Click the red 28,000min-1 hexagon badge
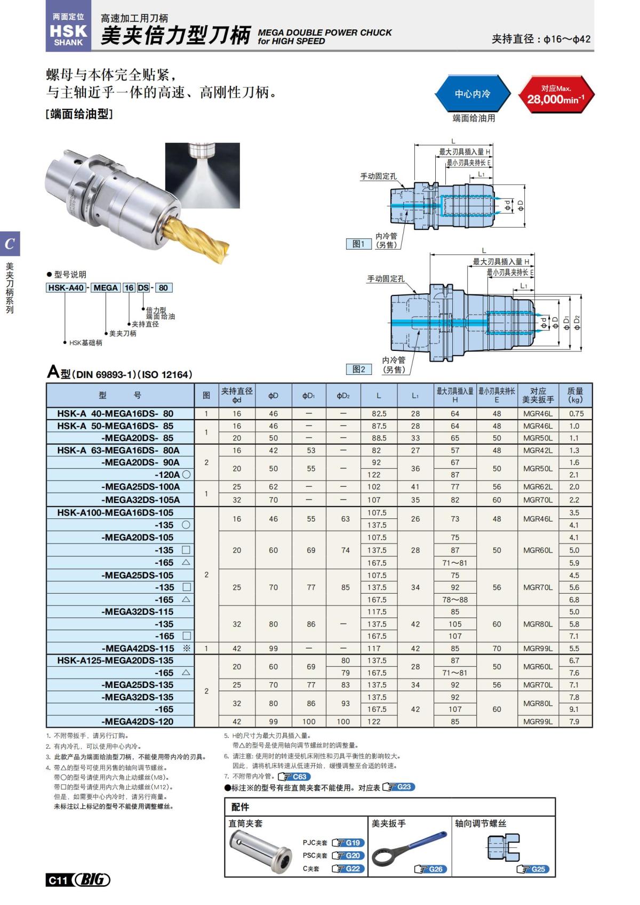pyautogui.click(x=556, y=94)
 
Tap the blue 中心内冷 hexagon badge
pyautogui.click(x=472, y=94)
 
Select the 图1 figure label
pyautogui.click(x=358, y=244)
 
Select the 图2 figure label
pyautogui.click(x=358, y=369)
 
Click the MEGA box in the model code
pyautogui.click(x=105, y=288)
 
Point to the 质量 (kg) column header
pyautogui.click(x=575, y=395)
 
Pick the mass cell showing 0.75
pyautogui.click(x=576, y=413)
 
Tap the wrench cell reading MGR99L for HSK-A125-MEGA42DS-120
pyautogui.click(x=538, y=722)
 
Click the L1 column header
pyautogui.click(x=415, y=396)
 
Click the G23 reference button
pyautogui.click(x=399, y=787)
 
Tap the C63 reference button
pyautogui.click(x=294, y=776)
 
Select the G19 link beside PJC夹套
pyautogui.click(x=348, y=843)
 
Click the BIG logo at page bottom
pyautogui.click(x=92, y=880)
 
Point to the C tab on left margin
pyautogui.click(x=10, y=244)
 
